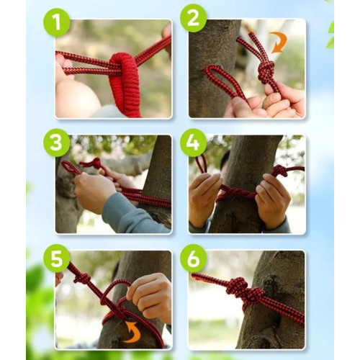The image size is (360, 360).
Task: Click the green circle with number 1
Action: coord(57,23)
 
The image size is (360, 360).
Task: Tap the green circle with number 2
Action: coord(193,18)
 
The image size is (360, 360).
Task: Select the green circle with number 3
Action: coord(57,143)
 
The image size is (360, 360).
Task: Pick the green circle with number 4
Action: coord(193,143)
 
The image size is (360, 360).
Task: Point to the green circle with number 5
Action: coord(57,258)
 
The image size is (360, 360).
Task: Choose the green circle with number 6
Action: coord(193,258)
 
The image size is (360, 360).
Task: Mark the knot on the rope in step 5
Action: coord(82,278)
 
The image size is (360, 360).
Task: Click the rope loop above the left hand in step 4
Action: coord(201,163)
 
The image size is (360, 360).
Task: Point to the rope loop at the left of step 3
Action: coord(71,167)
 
